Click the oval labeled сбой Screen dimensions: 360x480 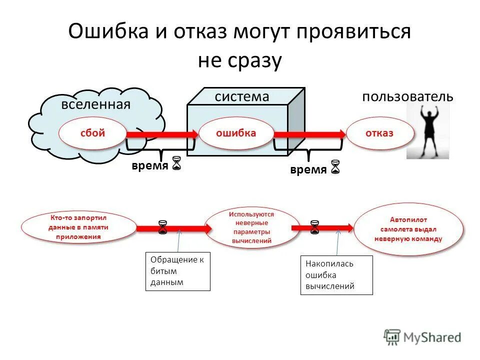(92, 133)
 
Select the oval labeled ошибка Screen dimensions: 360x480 (236, 133)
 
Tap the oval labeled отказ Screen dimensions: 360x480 (380, 133)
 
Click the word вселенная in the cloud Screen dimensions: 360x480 (96, 104)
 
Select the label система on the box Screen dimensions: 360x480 (242, 96)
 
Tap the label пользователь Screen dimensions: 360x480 (408, 96)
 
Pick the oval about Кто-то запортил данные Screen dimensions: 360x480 (78, 227)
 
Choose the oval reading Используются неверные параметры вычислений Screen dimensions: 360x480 (252, 227)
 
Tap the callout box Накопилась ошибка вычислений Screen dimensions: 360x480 (336, 275)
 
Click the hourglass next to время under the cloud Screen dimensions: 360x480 (176, 163)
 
